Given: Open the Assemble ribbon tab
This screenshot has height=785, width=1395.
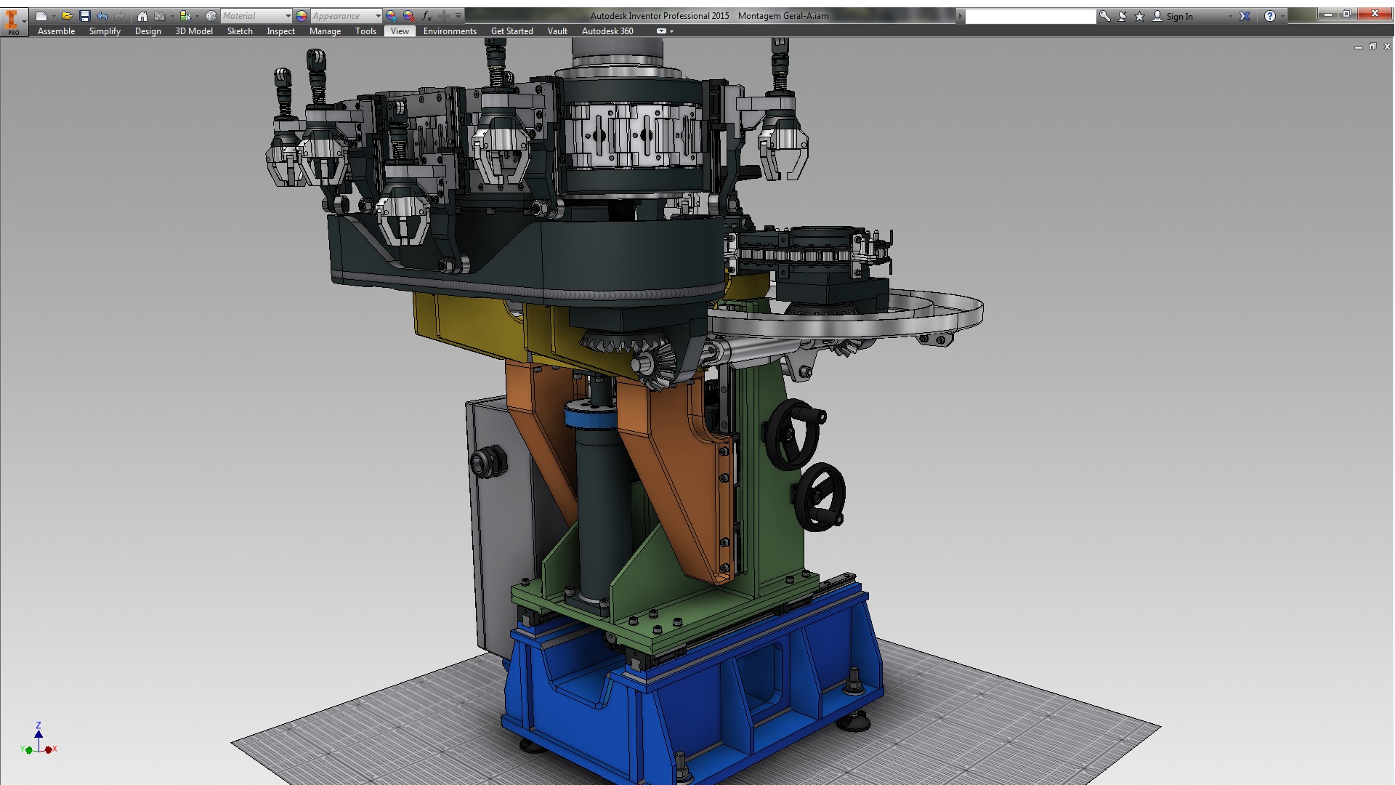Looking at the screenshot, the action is point(56,31).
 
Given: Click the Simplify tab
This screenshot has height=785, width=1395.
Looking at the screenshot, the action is point(105,31).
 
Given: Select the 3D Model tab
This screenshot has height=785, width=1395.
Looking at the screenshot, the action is point(194,31).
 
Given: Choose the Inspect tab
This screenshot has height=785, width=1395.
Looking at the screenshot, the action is point(280,31).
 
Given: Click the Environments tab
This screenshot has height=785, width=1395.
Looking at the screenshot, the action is point(450,31).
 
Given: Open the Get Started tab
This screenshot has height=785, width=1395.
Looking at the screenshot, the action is point(511,31).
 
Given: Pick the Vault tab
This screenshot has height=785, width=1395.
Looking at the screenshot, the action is point(557,31).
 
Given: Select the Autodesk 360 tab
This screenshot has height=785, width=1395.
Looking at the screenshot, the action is point(607,31).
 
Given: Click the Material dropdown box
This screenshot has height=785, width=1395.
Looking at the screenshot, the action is point(256,16).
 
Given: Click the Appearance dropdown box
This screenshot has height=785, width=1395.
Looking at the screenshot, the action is point(346,16).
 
